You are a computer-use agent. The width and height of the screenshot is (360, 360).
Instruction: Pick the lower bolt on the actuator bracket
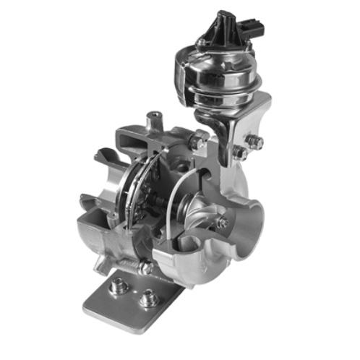point(239,153)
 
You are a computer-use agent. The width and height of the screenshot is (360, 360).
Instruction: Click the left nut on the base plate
point(120,287)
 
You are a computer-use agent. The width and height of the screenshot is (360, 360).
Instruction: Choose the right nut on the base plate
point(149,297)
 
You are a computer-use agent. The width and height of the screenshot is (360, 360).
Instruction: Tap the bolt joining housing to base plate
point(145,267)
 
